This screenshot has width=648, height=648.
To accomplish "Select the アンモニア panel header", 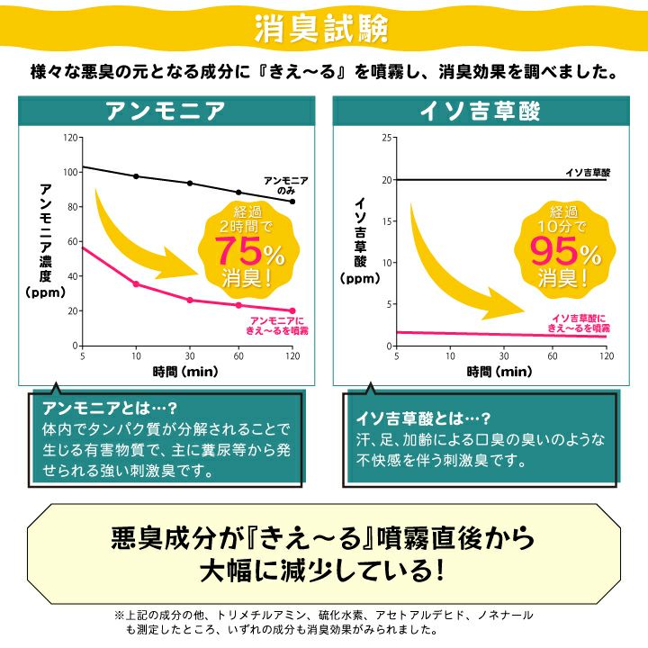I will point(165,112).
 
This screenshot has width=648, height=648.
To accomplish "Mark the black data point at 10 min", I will point(136,176).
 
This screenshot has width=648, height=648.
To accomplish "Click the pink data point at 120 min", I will point(292,311).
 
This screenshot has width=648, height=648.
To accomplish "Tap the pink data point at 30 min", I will point(190,300).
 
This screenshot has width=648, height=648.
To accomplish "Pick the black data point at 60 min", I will point(238,192).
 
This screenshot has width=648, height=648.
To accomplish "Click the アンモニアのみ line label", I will point(285,185).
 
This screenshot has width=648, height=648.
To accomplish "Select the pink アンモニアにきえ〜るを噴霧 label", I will point(276,326).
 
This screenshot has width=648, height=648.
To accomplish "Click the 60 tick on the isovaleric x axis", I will point(553,356).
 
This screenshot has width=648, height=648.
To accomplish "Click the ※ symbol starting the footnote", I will point(120,614).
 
